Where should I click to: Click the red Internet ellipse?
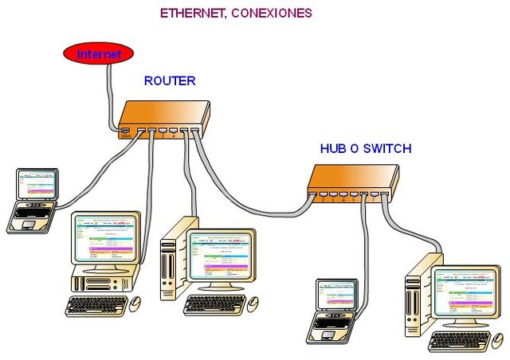[x=99, y=54]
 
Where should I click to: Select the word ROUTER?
[x=170, y=81]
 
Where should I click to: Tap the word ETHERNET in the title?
[x=193, y=14]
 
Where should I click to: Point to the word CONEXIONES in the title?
[x=273, y=14]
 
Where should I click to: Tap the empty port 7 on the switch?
[x=374, y=194]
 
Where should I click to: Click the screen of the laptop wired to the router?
[x=38, y=186]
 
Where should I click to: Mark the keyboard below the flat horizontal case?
[x=95, y=305]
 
